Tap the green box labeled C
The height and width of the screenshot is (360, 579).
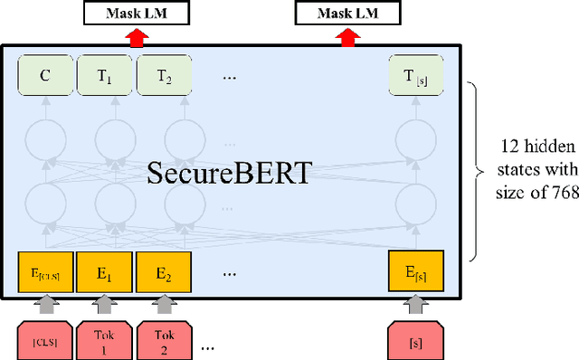[44, 75]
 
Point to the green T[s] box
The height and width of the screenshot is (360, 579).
[413, 75]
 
